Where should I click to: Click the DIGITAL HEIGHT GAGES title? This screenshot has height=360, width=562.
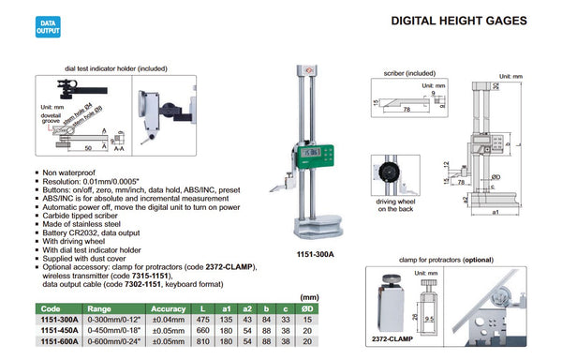point(463,22)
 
